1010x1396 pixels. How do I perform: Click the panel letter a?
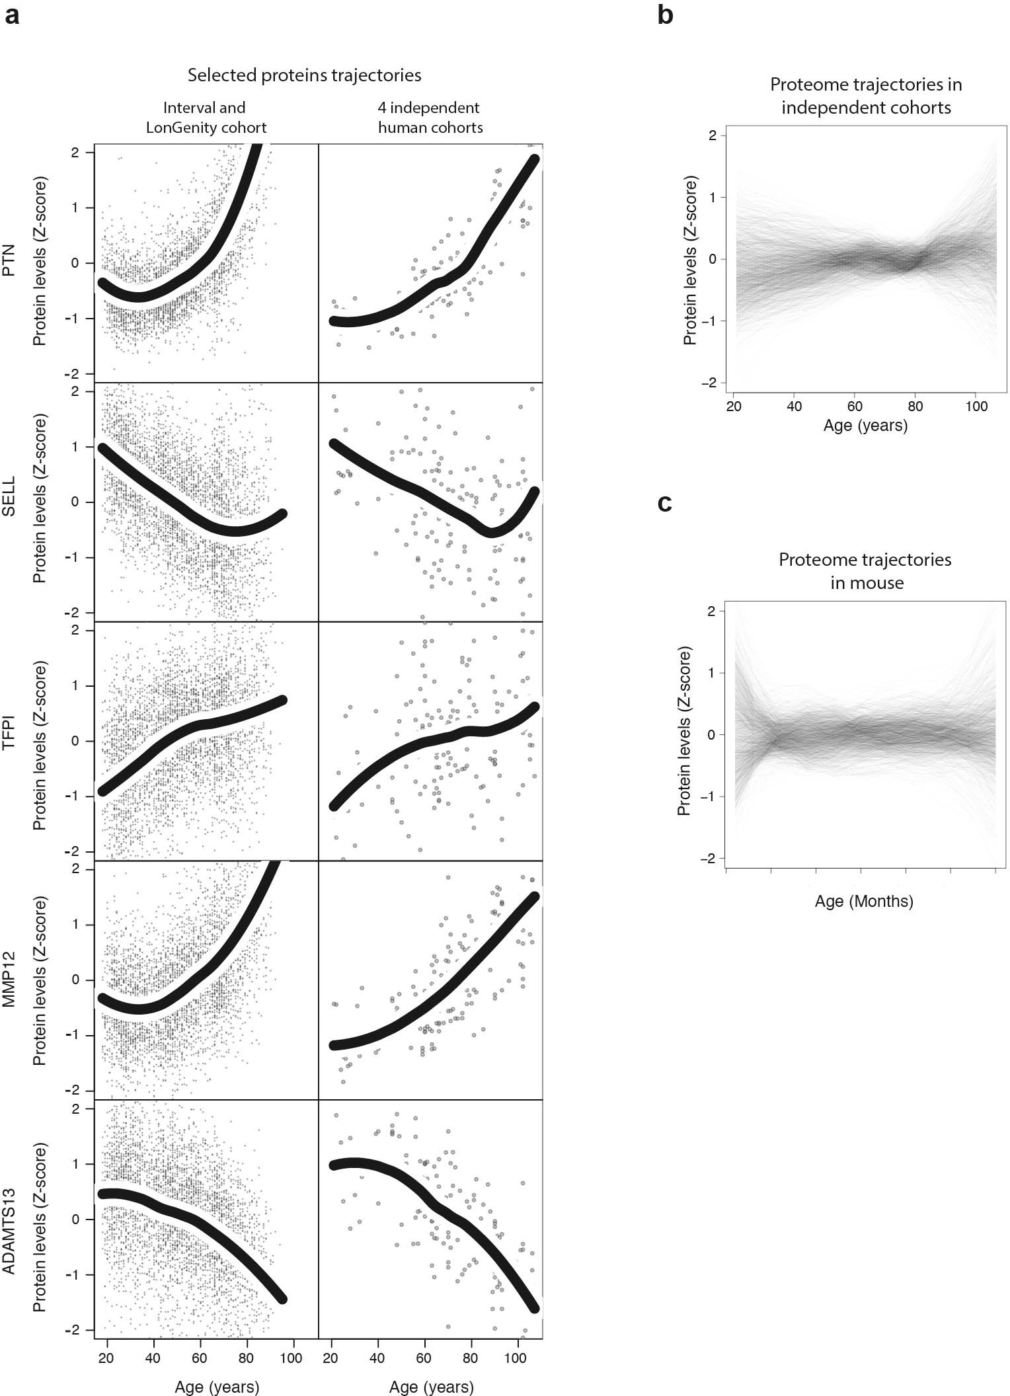point(11,15)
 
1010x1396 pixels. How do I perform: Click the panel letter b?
point(665,14)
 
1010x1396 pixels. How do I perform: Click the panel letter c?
point(664,503)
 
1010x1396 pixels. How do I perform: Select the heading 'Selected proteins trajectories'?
point(304,75)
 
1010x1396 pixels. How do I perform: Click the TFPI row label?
point(9,740)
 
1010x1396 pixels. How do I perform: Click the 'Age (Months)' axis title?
point(864,901)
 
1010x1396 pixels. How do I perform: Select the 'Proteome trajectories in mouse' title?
point(865,571)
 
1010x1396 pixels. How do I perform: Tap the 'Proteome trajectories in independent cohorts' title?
point(866,96)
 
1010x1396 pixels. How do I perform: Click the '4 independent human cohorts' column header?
point(430,117)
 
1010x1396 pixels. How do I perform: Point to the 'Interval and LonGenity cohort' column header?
point(206,117)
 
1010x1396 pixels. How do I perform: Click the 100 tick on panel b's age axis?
point(976,406)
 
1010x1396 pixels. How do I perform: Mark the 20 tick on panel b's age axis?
point(734,406)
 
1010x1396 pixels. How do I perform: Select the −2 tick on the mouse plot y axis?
point(711,858)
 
